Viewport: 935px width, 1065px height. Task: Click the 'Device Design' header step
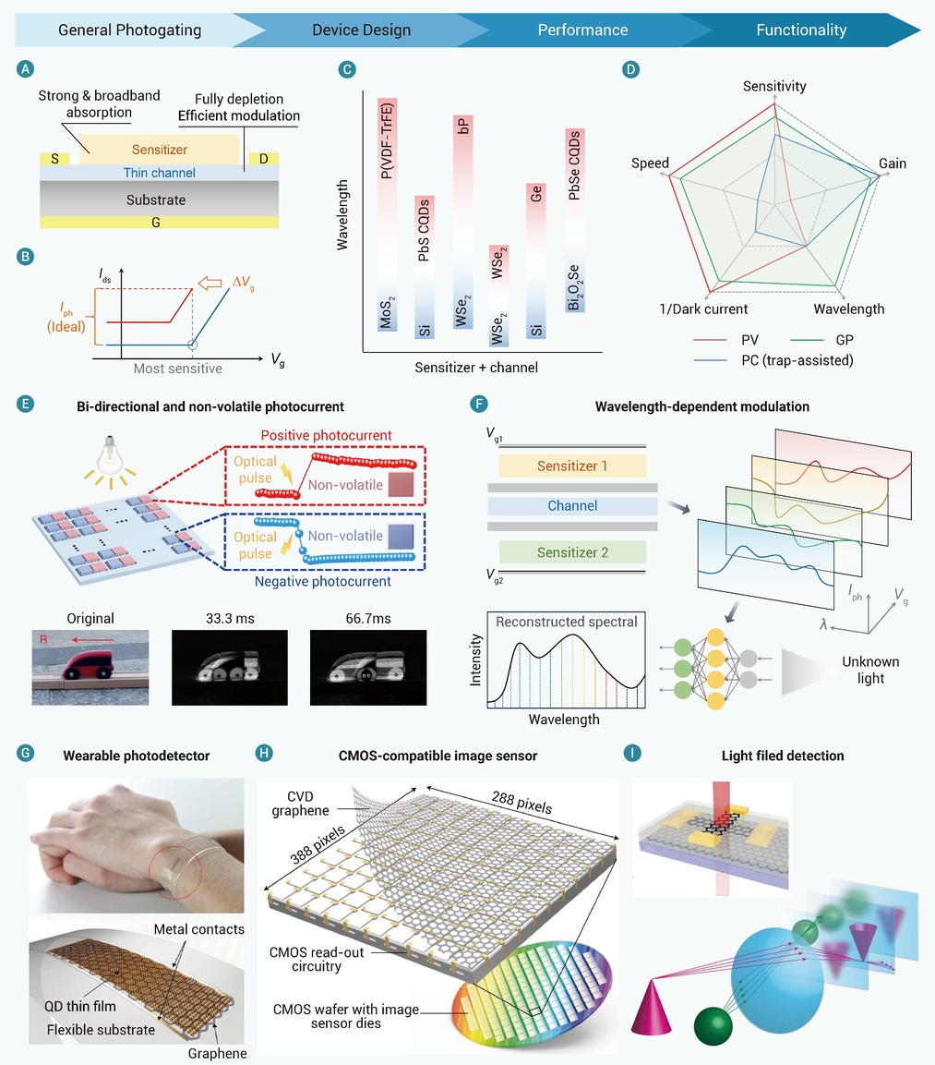tap(361, 30)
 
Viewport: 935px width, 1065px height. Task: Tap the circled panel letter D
tap(631, 69)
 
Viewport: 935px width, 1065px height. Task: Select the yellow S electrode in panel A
tap(55, 159)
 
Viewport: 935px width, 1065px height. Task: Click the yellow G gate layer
tap(159, 222)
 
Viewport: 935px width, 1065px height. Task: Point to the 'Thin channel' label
tap(160, 174)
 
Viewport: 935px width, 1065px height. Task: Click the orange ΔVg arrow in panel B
tap(210, 283)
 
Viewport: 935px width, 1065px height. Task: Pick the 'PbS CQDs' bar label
tap(424, 230)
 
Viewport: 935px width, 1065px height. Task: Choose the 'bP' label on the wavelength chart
tap(462, 126)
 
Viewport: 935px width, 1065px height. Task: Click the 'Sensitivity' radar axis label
tap(774, 86)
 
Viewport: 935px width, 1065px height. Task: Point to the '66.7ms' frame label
tap(367, 619)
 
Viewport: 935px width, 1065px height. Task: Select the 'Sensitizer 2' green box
tap(572, 552)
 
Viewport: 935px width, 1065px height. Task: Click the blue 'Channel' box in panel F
tap(572, 506)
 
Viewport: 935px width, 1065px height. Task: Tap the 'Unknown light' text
tap(870, 670)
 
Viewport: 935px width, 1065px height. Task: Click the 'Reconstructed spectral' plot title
tap(567, 622)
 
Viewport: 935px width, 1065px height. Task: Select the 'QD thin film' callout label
tap(80, 1006)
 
